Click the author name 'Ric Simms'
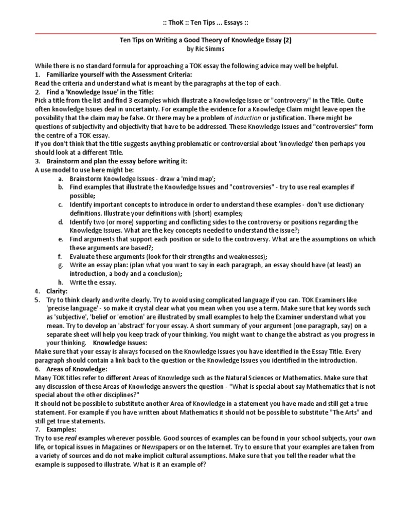click(x=210, y=49)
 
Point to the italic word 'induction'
click(x=242, y=118)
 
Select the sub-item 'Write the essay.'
click(x=93, y=282)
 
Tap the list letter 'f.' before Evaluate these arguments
click(x=60, y=256)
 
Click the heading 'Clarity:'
click(x=58, y=291)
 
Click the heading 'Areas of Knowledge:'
click(x=77, y=369)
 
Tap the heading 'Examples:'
click(x=61, y=429)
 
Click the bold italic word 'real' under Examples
click(x=71, y=438)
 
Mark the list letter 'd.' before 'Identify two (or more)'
click(x=61, y=222)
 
